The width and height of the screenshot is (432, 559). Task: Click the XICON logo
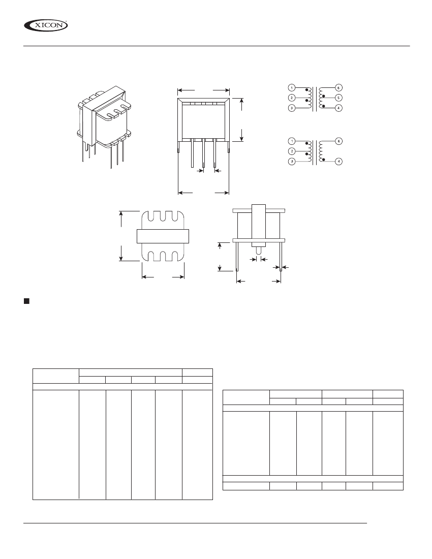click(x=46, y=24)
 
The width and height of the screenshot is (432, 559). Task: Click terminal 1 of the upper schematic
click(x=291, y=87)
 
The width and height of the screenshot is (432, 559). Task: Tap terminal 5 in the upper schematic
click(x=339, y=97)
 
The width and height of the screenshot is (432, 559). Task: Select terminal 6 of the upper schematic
click(x=339, y=87)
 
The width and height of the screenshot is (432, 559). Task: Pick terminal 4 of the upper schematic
click(x=339, y=108)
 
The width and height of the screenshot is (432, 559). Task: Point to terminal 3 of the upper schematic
click(x=291, y=108)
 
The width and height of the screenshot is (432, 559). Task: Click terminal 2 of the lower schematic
click(x=291, y=151)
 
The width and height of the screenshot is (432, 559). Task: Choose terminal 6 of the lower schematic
click(x=339, y=141)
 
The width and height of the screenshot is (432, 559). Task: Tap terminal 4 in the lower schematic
click(x=339, y=161)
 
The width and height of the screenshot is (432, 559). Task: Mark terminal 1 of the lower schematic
click(x=291, y=141)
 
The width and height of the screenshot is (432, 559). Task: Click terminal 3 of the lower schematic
click(x=291, y=161)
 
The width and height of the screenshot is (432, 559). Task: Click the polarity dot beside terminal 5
click(x=323, y=96)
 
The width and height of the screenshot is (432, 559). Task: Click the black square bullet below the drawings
click(x=26, y=301)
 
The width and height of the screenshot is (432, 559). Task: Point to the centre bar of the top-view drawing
click(x=163, y=236)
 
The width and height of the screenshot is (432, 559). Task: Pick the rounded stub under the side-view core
click(x=259, y=250)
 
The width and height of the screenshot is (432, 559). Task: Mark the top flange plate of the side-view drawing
click(x=259, y=210)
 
